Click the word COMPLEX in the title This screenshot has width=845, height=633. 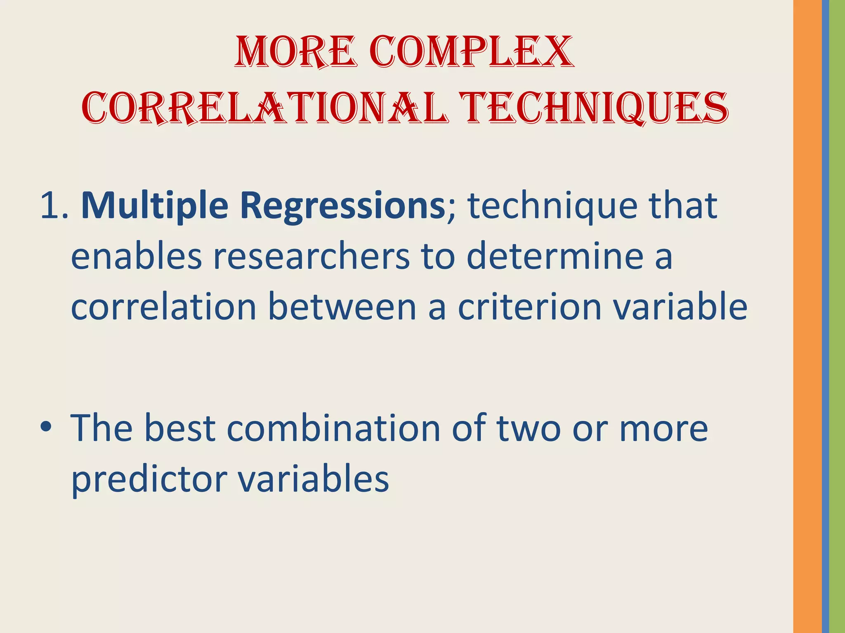[x=471, y=52]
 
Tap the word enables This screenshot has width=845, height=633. [x=137, y=256]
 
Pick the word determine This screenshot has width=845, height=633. [x=555, y=256]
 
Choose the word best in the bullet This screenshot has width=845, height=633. [x=179, y=429]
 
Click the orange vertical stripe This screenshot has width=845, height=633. [x=807, y=316]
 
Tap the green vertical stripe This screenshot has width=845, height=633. [x=837, y=316]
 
